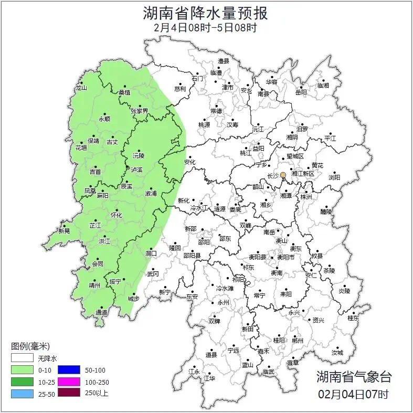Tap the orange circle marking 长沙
tap(283, 175)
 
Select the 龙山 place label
tap(81, 88)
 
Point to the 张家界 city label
tap(140, 111)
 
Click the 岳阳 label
tap(301, 92)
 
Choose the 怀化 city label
tap(116, 215)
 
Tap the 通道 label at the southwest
tap(102, 313)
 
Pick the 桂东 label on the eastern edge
tap(353, 318)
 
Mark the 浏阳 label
tap(334, 177)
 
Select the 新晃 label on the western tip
tap(64, 231)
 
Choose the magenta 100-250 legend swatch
tap(69, 382)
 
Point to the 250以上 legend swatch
tap(69, 393)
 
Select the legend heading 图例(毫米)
tap(30, 346)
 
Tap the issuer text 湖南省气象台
tap(354, 376)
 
